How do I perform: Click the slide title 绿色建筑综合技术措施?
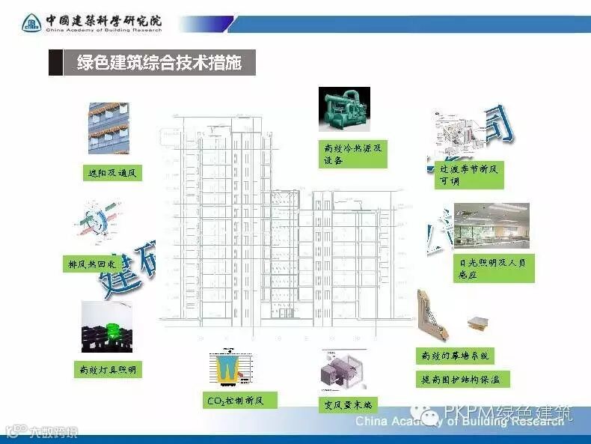[x=159, y=63]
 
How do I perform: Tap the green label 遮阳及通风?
[x=111, y=174]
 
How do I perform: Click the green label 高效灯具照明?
[x=108, y=369]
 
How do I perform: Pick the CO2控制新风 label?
[x=234, y=401]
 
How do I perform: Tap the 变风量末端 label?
[x=347, y=405]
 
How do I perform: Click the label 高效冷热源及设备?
[x=352, y=153]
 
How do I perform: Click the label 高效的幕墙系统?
[x=454, y=356]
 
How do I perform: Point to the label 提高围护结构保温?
[x=462, y=380]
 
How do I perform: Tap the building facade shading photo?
[x=108, y=129]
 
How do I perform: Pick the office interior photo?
[x=491, y=225]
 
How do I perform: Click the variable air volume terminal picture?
[x=346, y=373]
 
